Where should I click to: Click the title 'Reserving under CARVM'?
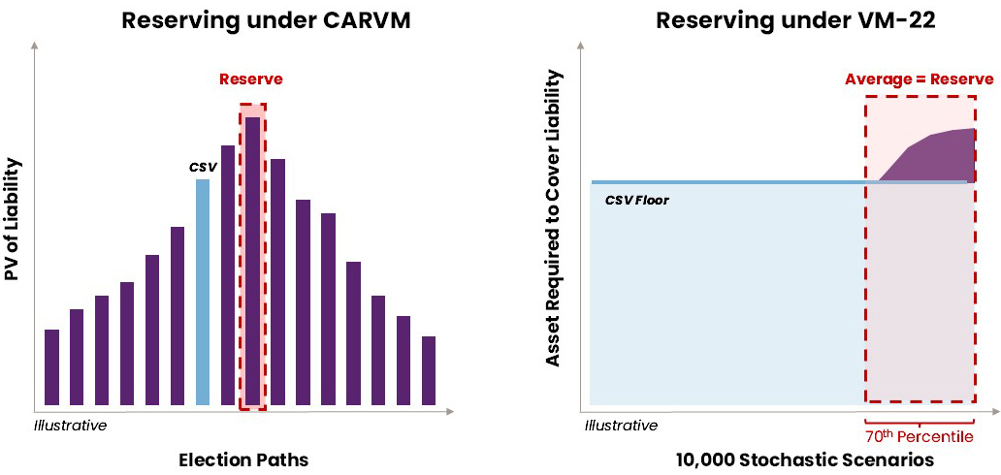pyautogui.click(x=259, y=20)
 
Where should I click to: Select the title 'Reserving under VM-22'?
pyautogui.click(x=795, y=20)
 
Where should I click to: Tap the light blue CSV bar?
pyautogui.click(x=203, y=291)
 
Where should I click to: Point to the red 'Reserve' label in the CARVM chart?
pyautogui.click(x=251, y=79)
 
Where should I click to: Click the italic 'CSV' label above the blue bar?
pyautogui.click(x=201, y=167)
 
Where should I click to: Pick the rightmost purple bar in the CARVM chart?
pyautogui.click(x=429, y=370)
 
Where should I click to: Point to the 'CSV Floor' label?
pyautogui.click(x=636, y=201)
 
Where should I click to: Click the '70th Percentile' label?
pyautogui.click(x=920, y=436)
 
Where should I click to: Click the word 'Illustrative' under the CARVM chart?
pyautogui.click(x=70, y=425)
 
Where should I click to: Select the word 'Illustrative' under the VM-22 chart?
pyautogui.click(x=621, y=425)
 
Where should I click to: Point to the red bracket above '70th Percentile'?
pyautogui.click(x=920, y=420)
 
